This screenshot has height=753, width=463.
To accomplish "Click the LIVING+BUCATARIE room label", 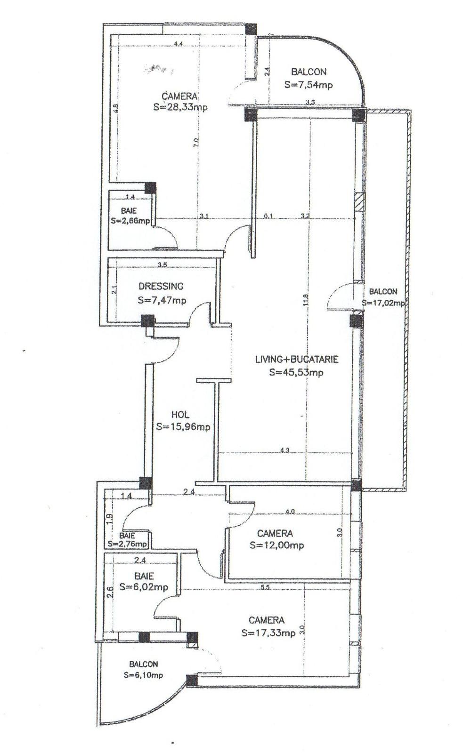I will click(x=297, y=359).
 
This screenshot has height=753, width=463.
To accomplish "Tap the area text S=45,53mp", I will click(x=296, y=372).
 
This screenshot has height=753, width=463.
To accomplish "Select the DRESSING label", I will click(x=161, y=286).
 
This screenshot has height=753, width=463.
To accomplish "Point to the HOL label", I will click(x=180, y=415).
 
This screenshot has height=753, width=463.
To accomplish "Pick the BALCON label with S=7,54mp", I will click(x=309, y=72).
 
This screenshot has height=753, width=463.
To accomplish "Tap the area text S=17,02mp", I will click(x=383, y=304).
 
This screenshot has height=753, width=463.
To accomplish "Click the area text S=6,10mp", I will click(x=144, y=675).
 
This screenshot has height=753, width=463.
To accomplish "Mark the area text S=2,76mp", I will click(x=127, y=544).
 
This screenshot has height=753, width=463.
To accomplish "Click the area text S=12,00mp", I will click(x=277, y=545).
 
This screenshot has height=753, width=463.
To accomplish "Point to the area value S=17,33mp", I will click(x=268, y=633).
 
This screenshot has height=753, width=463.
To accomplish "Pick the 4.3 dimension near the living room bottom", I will click(x=284, y=450).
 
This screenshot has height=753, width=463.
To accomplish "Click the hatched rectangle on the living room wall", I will click(x=359, y=201).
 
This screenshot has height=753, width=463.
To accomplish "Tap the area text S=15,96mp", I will click(x=183, y=427).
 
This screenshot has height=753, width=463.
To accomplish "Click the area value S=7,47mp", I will click(x=162, y=300).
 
